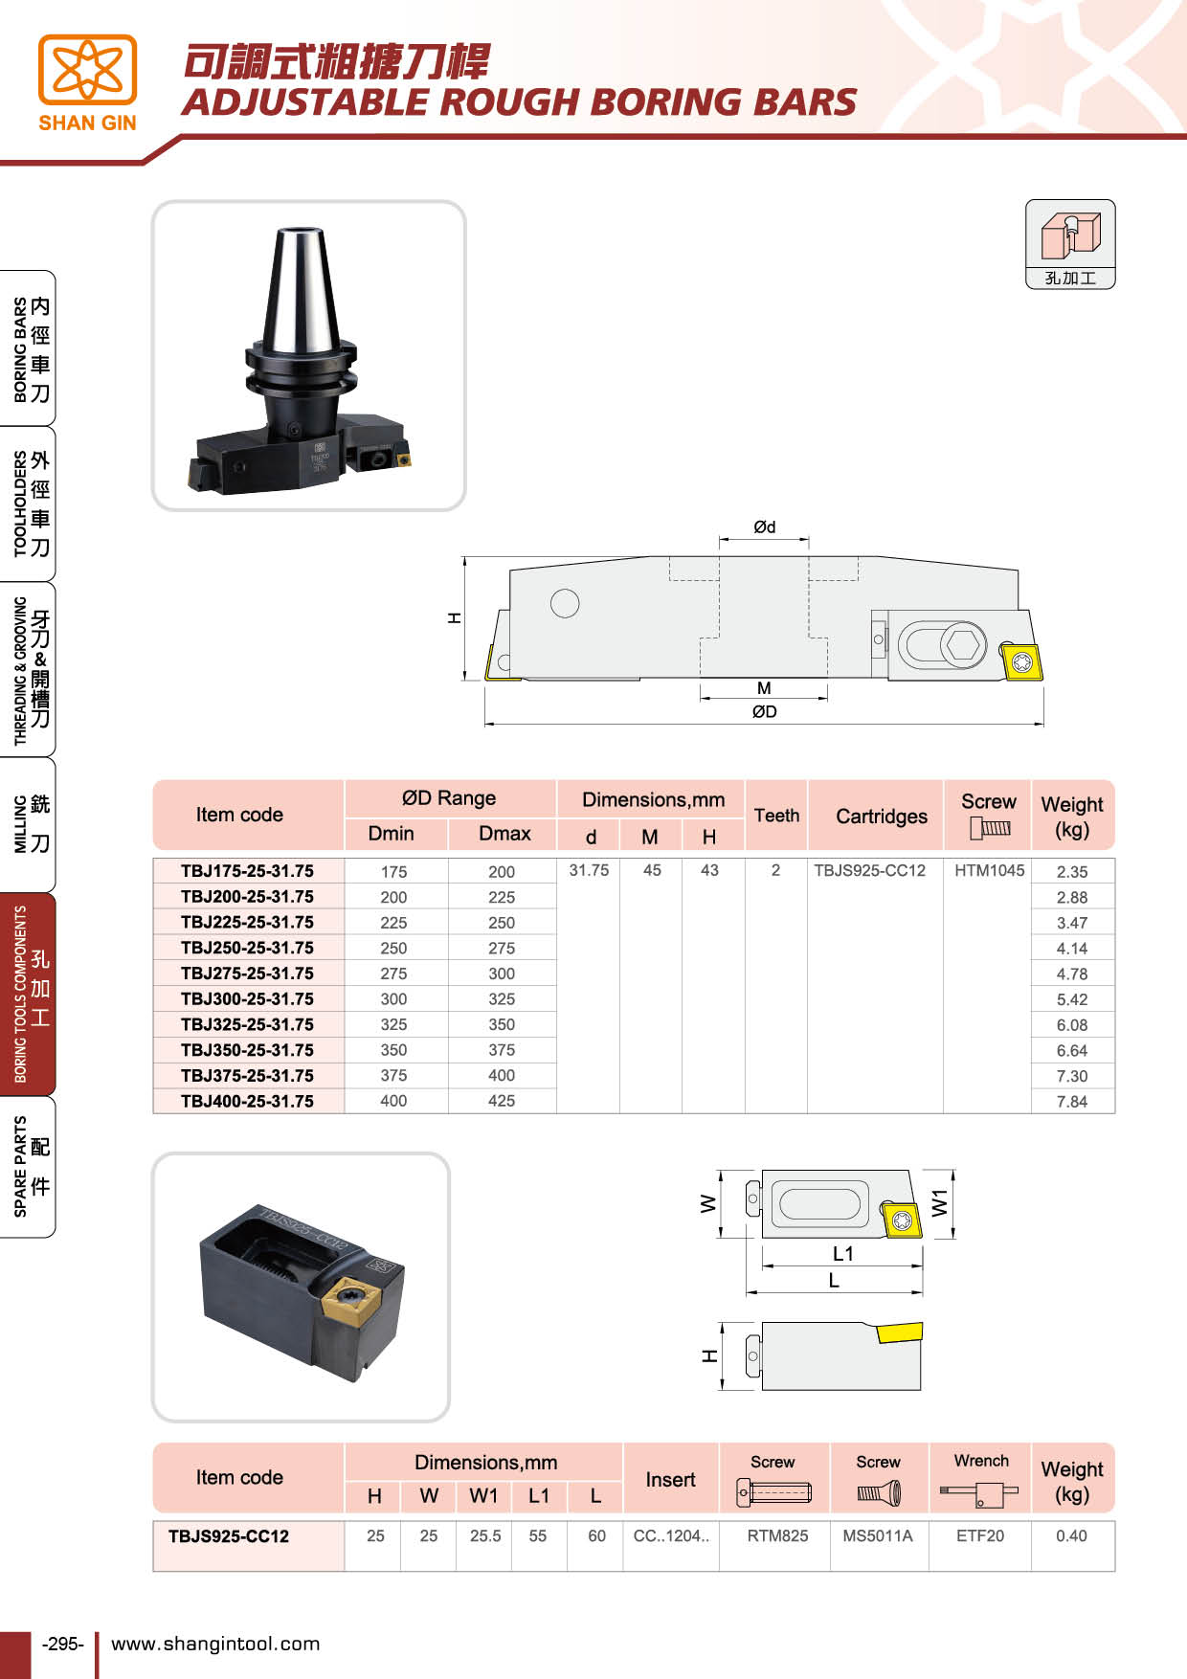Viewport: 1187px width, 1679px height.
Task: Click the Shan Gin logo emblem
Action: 87,70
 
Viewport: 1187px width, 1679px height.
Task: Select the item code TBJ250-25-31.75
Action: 247,948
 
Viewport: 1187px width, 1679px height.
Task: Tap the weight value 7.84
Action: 1071,1102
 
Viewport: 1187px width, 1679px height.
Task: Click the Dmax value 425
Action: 501,1101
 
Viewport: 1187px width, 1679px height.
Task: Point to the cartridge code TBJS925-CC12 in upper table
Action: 869,870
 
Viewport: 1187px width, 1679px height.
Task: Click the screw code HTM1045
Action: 989,870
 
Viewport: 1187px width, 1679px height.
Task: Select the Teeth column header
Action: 776,816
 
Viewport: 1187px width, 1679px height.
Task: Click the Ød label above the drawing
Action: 764,527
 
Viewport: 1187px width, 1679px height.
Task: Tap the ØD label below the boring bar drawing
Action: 764,711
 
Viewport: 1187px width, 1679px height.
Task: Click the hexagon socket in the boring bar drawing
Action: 963,644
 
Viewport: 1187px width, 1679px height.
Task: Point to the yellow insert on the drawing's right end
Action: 1021,661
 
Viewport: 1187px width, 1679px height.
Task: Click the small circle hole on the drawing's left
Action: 565,603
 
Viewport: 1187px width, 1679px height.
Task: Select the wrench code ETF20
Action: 979,1535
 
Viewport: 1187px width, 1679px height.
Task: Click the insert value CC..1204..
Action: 671,1535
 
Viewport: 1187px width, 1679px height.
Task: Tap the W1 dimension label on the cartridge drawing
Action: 940,1202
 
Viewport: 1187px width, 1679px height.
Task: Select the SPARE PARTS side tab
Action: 29,1167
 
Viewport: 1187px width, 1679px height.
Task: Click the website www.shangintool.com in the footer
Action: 215,1644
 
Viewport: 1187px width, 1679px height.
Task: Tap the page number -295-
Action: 63,1644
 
